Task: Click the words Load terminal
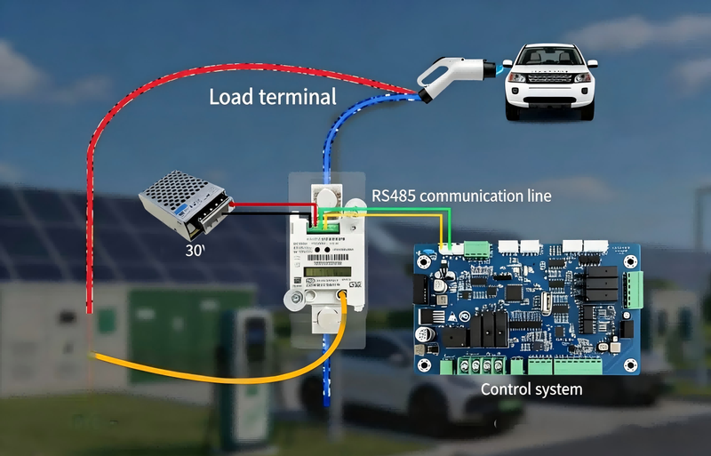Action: pos(272,96)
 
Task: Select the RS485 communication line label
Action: pos(460,195)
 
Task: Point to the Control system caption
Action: pos(531,389)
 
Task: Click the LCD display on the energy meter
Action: pos(321,272)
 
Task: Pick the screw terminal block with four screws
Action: pos(480,364)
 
